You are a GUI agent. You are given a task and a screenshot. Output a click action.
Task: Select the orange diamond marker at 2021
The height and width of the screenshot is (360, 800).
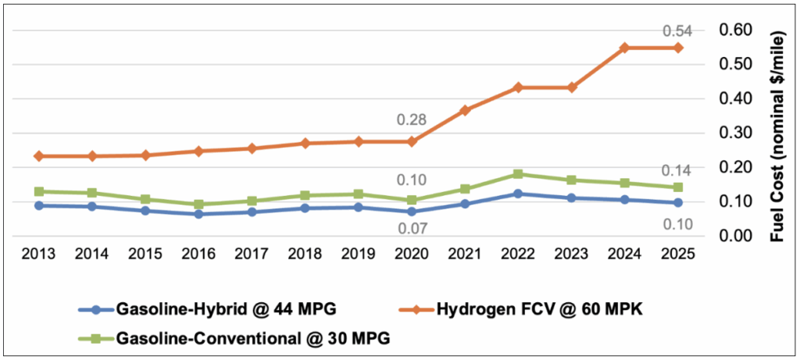click(x=465, y=110)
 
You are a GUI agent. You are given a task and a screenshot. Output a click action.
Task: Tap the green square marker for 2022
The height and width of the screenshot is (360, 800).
click(x=518, y=174)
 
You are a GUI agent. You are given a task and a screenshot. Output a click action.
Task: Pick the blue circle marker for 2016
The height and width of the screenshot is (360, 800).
click(x=198, y=214)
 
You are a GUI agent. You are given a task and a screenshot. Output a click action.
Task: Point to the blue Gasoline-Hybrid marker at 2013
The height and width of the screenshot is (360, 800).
click(x=39, y=205)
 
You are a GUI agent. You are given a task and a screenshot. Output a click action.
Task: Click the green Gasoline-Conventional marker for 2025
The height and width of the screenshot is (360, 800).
click(x=677, y=187)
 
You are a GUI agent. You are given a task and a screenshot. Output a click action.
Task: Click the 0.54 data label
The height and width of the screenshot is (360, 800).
click(x=677, y=31)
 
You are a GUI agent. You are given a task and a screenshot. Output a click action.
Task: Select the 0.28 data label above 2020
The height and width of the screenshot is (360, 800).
click(x=412, y=120)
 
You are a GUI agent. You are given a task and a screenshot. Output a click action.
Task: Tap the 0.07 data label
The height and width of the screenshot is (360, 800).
click(x=412, y=229)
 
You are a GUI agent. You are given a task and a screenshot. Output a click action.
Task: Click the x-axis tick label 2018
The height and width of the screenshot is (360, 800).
click(x=305, y=254)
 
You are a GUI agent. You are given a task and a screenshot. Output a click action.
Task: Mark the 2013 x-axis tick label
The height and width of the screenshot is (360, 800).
click(x=39, y=254)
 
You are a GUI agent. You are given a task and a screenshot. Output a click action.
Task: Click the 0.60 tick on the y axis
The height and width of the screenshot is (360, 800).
click(x=734, y=30)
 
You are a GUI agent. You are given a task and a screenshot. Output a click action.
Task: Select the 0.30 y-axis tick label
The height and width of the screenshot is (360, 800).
click(x=734, y=133)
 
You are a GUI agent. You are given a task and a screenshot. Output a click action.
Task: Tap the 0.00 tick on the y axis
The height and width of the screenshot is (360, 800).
click(x=734, y=236)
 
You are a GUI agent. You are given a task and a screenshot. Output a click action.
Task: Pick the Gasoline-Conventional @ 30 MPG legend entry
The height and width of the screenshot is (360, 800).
click(x=232, y=337)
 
